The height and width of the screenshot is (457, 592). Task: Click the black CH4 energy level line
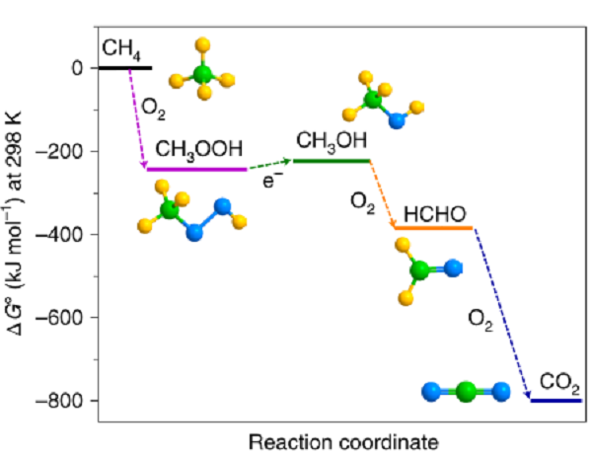[x=125, y=68]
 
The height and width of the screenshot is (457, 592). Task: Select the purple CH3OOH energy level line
[x=196, y=169]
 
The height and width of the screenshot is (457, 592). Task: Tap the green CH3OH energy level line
[x=332, y=161]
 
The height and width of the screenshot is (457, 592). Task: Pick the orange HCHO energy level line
[x=433, y=228]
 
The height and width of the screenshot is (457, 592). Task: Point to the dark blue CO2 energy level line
[x=555, y=401]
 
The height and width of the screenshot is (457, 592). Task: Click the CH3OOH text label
[x=199, y=150]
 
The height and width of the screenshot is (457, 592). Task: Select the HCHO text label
[x=435, y=214]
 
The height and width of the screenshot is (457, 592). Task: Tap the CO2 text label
[x=559, y=383]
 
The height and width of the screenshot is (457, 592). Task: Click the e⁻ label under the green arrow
[x=272, y=180]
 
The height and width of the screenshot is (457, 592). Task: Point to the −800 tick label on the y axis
[x=59, y=401]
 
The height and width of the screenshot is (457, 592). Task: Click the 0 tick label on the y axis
[x=77, y=68]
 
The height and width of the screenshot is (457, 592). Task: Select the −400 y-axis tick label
[x=59, y=235]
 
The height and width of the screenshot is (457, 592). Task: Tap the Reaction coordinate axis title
[x=343, y=442]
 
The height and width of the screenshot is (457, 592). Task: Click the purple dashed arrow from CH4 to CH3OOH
[x=137, y=117]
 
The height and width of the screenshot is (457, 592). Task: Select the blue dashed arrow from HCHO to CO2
[x=502, y=313]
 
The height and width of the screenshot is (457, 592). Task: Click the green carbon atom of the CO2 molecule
[x=466, y=392]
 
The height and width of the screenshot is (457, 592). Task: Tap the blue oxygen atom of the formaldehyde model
[x=453, y=268]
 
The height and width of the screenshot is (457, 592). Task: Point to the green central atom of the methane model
[x=202, y=74]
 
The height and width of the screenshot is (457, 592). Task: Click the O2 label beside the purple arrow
[x=153, y=109]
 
